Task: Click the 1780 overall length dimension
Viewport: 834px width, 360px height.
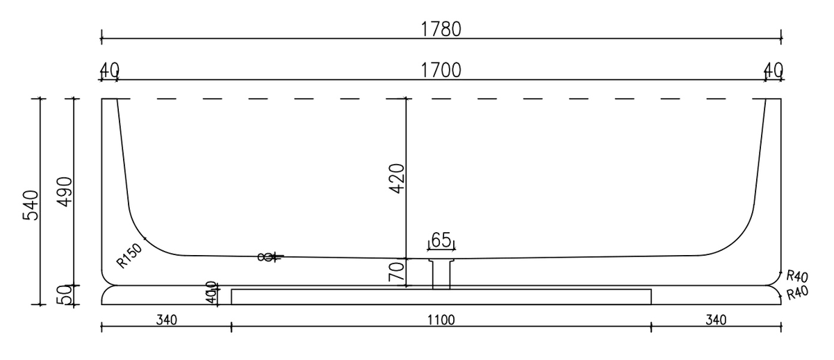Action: (442, 28)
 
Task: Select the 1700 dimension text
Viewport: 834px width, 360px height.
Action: (442, 69)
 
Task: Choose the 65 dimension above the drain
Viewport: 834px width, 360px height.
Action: (442, 240)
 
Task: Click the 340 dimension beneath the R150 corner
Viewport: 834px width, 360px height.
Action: (167, 320)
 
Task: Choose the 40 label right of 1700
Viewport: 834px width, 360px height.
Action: (773, 69)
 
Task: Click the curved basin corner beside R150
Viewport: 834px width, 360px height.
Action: (142, 236)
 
